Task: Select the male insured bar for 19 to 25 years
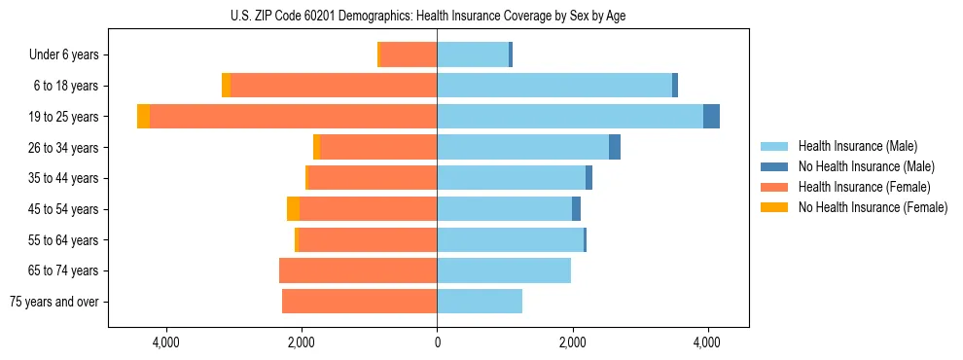tap(569, 116)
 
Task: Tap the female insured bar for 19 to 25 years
tap(293, 116)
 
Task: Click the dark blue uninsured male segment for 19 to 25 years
tap(711, 116)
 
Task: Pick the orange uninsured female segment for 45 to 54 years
tap(293, 208)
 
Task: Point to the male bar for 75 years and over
tap(480, 302)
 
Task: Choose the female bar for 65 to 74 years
tap(358, 270)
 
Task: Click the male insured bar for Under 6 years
tap(473, 54)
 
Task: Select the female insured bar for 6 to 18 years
tap(334, 86)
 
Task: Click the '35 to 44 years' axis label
tap(58, 178)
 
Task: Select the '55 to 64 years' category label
tap(58, 239)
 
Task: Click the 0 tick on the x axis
tap(437, 342)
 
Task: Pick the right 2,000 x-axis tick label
tap(572, 342)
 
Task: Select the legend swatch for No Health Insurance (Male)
tap(774, 166)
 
